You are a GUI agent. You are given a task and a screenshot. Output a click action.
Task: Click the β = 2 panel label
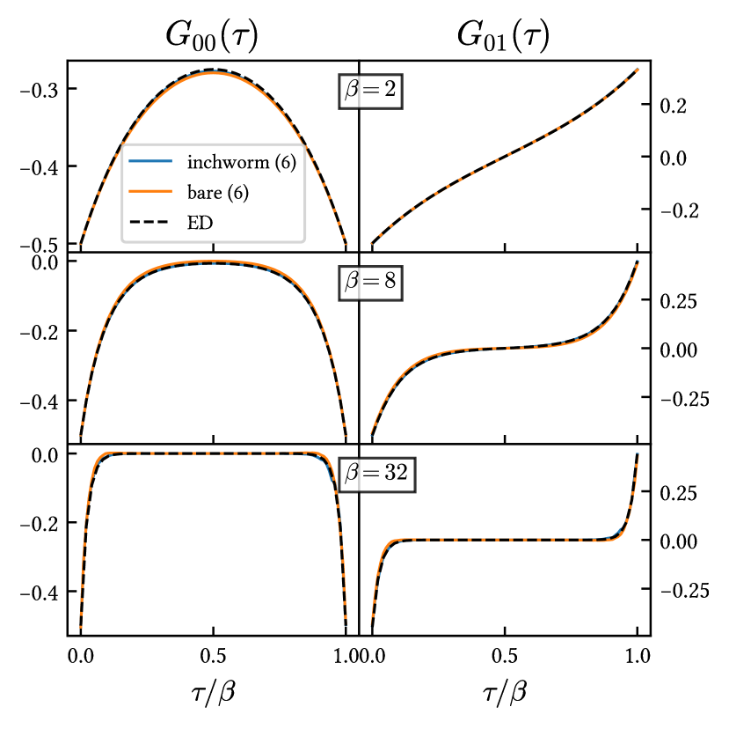tap(370, 91)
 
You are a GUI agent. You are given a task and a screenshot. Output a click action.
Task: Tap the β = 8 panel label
tap(370, 282)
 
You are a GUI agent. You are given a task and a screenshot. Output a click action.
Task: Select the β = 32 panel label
tap(376, 473)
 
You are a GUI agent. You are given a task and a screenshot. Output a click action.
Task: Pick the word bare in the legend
tap(203, 192)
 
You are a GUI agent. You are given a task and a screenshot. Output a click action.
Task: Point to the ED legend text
tap(200, 223)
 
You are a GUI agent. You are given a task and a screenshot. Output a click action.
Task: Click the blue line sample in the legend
tap(150, 161)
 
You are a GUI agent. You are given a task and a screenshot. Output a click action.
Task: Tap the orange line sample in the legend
tap(150, 192)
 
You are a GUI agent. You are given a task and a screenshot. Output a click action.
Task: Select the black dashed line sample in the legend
tap(150, 223)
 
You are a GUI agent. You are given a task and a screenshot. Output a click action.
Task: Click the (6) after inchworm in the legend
tap(284, 162)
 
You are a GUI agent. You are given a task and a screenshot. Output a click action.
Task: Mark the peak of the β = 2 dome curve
tap(214, 70)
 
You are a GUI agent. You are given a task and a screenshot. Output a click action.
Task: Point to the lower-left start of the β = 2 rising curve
tap(372, 243)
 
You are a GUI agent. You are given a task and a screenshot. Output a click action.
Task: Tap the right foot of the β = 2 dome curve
tap(346, 244)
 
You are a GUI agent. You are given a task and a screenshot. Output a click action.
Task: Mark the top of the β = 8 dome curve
tap(214, 262)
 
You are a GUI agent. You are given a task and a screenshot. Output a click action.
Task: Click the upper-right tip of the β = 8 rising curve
tap(637, 261)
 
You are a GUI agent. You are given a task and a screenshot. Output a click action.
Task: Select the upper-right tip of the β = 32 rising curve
tap(637, 453)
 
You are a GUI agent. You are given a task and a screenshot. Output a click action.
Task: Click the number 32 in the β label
tap(396, 473)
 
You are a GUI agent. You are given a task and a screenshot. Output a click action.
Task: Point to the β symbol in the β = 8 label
tap(352, 283)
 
